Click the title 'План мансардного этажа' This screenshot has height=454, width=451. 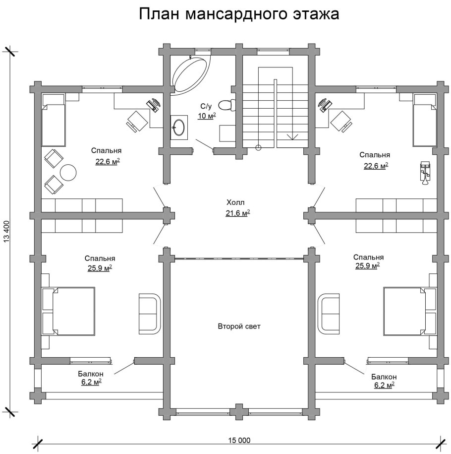(x=239, y=14)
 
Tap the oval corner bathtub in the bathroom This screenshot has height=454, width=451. (x=190, y=74)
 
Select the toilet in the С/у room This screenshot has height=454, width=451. (x=227, y=105)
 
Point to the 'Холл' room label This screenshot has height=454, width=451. (x=236, y=202)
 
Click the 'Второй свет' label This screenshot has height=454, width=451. (x=239, y=326)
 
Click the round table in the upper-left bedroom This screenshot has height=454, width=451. (x=68, y=172)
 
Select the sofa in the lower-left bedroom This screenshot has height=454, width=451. (x=149, y=313)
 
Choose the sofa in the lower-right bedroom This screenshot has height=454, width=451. (x=328, y=313)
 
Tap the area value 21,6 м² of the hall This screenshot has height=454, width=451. (x=238, y=213)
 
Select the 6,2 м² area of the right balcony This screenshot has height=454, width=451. (x=384, y=385)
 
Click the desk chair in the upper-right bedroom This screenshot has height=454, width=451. (x=340, y=120)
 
